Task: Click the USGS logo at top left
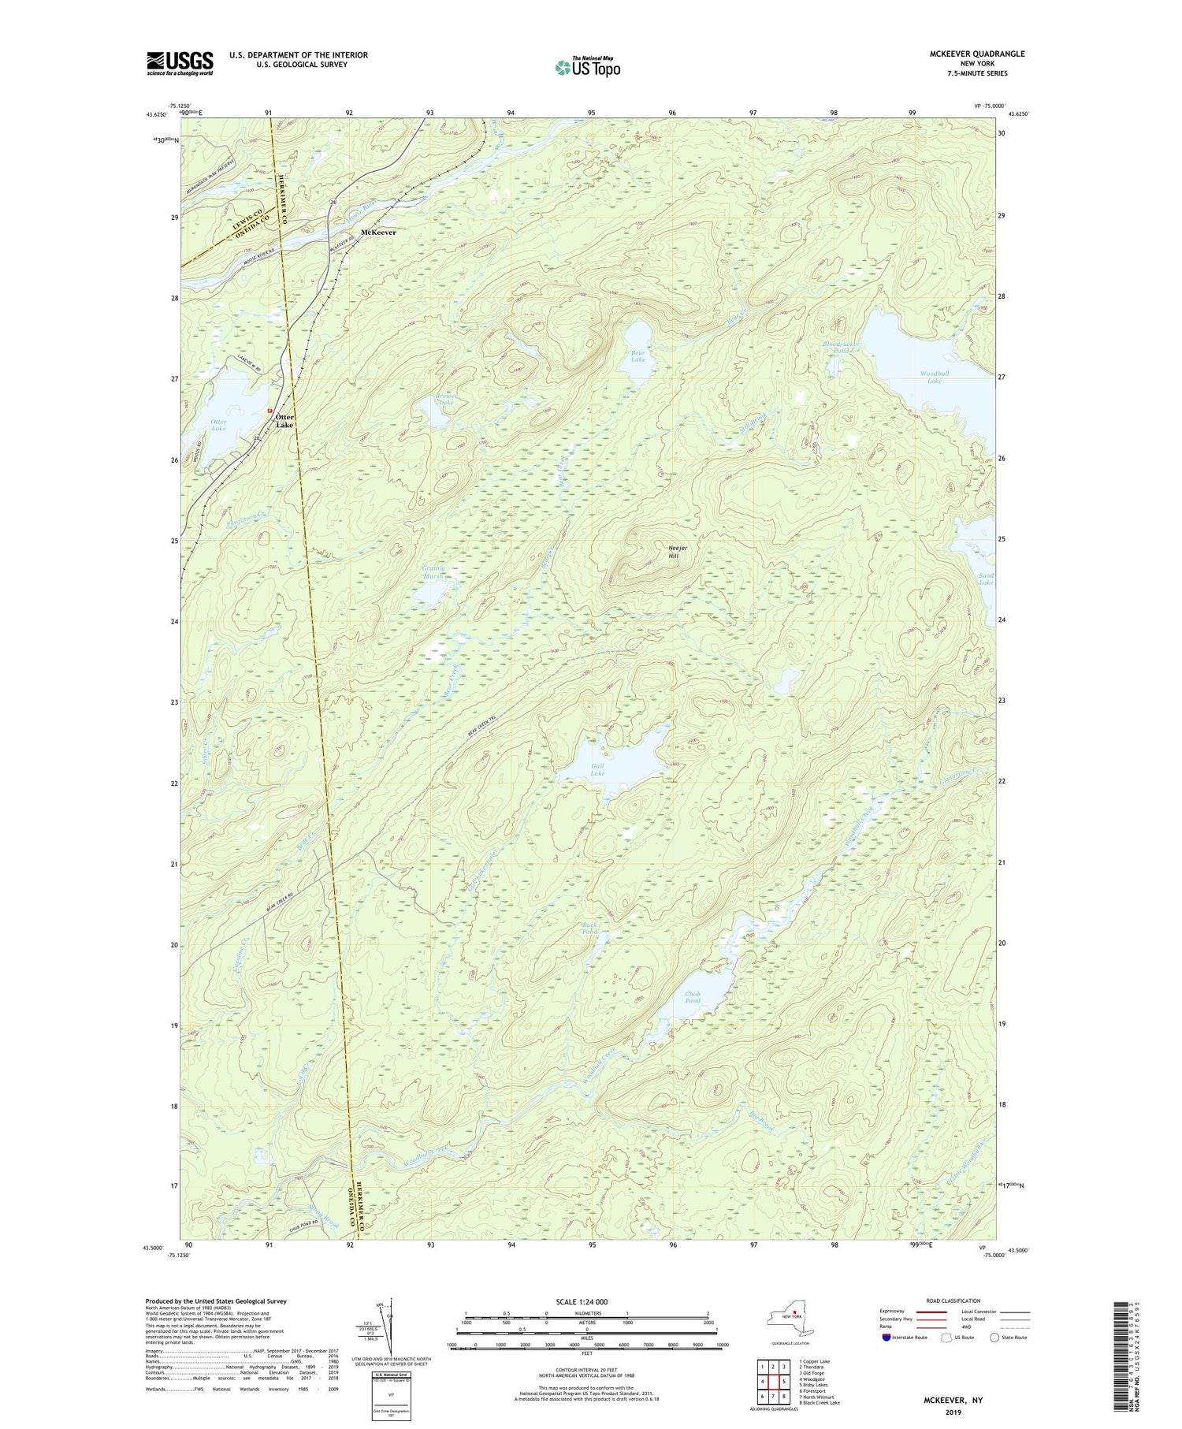tap(180, 63)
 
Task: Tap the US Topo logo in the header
tap(587, 67)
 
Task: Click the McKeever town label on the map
tap(377, 233)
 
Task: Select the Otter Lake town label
tap(284, 421)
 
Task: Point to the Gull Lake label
tap(598, 769)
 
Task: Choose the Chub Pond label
tap(693, 997)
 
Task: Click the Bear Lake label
tap(637, 355)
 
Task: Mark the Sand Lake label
tap(986, 579)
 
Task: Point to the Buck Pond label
tap(590, 928)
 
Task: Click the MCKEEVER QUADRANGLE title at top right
tap(977, 54)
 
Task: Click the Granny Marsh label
tap(433, 572)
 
